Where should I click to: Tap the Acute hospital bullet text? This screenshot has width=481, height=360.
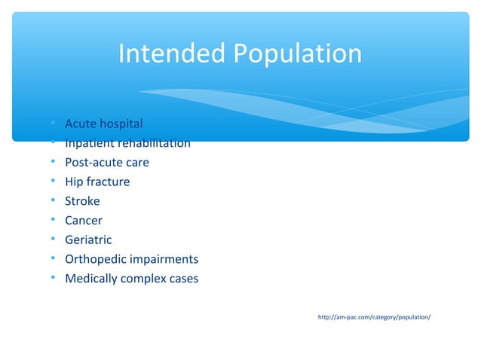[x=103, y=123]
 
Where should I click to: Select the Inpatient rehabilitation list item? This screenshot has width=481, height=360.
[x=127, y=143]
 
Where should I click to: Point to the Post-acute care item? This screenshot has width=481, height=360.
[x=107, y=162]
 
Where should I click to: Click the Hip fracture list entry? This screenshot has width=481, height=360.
[x=97, y=182]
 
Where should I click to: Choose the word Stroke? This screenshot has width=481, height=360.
[x=82, y=201]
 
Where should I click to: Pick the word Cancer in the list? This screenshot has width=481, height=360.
[x=84, y=221]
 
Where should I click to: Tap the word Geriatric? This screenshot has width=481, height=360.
[x=88, y=240]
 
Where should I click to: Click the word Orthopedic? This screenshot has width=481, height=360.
[x=94, y=260]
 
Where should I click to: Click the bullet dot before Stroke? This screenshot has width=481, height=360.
[x=54, y=201]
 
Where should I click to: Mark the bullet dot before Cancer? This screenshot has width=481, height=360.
[x=54, y=221]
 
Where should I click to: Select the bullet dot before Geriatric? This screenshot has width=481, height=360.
[x=54, y=240]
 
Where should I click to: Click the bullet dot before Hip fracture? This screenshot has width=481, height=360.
[x=54, y=182]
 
